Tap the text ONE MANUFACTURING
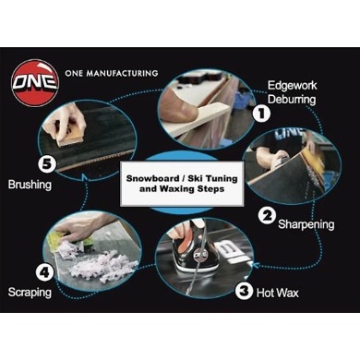tap(112, 72)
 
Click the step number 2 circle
tap(267, 217)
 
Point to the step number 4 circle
tap(42, 272)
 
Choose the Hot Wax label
tap(281, 293)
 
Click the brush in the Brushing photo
tap(70, 134)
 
